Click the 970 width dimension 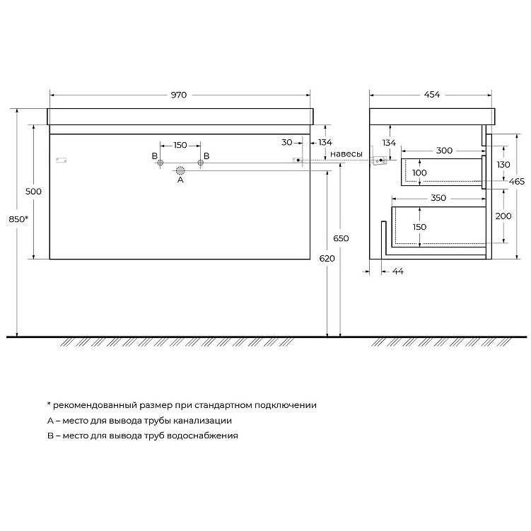178,95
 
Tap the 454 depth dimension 432,95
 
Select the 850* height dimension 18,219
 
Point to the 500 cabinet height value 33,192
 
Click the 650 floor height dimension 341,238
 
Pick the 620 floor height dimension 327,259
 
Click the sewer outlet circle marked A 180,170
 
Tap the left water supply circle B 161,163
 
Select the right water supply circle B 201,163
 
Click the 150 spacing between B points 180,145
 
